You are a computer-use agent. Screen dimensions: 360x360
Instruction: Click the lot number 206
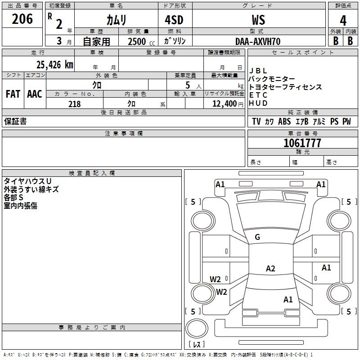22,19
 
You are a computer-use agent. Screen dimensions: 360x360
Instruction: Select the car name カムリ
116,20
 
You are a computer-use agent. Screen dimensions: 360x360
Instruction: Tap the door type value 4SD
174,20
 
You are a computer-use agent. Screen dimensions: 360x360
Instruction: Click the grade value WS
258,20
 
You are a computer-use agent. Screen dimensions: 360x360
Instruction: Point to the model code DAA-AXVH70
258,41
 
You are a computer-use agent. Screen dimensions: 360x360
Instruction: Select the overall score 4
343,20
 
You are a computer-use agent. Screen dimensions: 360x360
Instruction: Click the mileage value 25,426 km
54,65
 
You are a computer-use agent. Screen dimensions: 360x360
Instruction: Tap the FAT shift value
13,94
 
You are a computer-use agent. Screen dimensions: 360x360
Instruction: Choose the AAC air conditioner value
35,94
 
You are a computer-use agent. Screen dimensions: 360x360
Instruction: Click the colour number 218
75,104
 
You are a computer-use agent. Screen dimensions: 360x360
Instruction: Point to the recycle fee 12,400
224,104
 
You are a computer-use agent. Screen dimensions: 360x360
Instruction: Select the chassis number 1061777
302,143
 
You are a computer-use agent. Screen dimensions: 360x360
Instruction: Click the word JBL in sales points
258,71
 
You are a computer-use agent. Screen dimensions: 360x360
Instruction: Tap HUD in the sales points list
258,103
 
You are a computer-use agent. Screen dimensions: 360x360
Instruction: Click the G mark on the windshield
257,237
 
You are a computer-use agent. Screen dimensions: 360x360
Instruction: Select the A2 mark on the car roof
270,268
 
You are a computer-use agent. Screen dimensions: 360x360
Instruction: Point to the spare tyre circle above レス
197,328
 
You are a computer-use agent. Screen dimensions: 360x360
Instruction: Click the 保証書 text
15,121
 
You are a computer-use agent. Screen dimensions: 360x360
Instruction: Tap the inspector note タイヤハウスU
27,181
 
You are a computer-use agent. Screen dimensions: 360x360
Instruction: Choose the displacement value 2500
137,41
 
